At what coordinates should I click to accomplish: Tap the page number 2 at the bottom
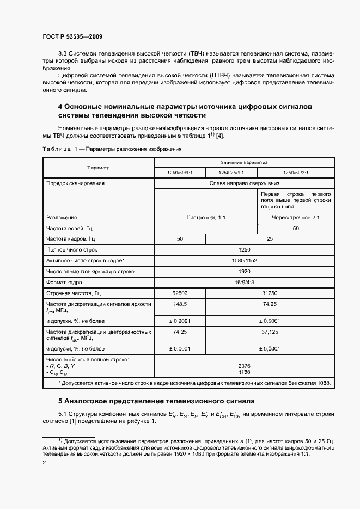pyautogui.click(x=44, y=463)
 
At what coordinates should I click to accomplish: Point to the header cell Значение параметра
pyautogui.click(x=245, y=162)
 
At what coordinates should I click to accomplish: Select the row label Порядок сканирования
pyautogui.click(x=75, y=183)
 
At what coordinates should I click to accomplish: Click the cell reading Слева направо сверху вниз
pyautogui.click(x=245, y=183)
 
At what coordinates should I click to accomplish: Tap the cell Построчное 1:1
pyautogui.click(x=206, y=217)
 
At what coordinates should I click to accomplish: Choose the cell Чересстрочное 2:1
pyautogui.click(x=296, y=217)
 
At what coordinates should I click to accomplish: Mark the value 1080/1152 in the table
pyautogui.click(x=245, y=261)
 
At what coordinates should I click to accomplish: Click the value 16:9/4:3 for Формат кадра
pyautogui.click(x=245, y=282)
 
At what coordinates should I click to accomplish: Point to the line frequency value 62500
pyautogui.click(x=180, y=293)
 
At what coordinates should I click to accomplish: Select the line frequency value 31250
pyautogui.click(x=270, y=293)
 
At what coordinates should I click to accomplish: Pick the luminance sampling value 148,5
pyautogui.click(x=180, y=304)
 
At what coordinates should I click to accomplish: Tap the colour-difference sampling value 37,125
pyautogui.click(x=270, y=331)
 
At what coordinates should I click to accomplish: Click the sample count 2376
pyautogui.click(x=245, y=366)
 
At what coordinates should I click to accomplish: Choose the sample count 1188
pyautogui.click(x=245, y=373)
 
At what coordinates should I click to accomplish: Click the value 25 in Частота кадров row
pyautogui.click(x=270, y=239)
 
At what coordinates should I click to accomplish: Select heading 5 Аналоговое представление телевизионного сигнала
pyautogui.click(x=156, y=401)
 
